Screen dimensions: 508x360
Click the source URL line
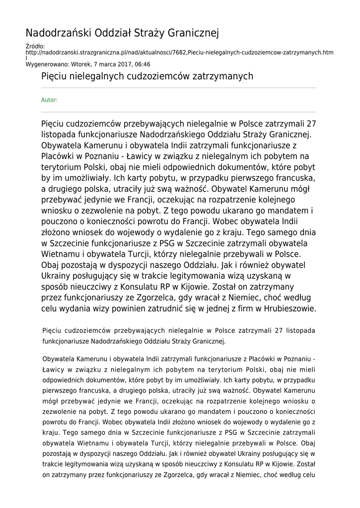(179, 52)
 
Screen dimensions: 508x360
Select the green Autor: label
(49, 100)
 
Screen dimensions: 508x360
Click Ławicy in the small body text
(54, 369)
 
